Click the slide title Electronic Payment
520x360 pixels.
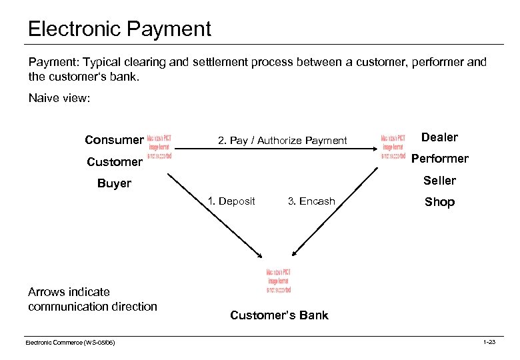(119, 29)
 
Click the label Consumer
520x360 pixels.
(114, 140)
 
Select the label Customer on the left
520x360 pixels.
(114, 161)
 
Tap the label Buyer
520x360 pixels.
(114, 183)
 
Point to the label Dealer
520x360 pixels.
(439, 137)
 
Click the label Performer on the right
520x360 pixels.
(439, 159)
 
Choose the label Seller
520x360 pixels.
(439, 181)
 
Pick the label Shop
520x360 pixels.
(439, 202)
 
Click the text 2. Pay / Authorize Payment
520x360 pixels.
(283, 140)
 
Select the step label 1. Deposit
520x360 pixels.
(231, 201)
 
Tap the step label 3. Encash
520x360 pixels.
(311, 201)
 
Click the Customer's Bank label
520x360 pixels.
(279, 315)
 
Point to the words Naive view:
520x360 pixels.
(59, 99)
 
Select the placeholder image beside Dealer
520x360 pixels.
(393, 146)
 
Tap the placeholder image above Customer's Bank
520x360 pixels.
(278, 281)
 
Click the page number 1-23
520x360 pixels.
(489, 342)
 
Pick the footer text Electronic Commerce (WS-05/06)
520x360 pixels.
(70, 342)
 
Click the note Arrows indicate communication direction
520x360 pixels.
(92, 299)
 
